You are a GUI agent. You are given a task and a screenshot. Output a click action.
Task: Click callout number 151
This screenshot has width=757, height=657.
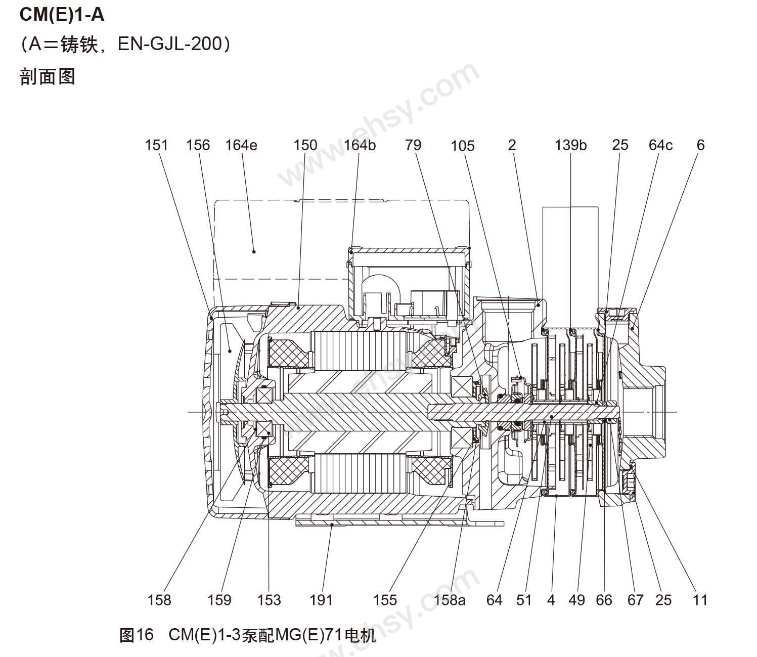click(x=156, y=145)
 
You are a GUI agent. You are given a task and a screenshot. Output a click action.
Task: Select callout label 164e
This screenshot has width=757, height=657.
click(x=241, y=145)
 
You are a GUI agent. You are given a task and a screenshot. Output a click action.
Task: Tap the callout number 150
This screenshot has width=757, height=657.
click(x=305, y=145)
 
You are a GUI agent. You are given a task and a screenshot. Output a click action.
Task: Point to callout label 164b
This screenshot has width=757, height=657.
click(x=360, y=145)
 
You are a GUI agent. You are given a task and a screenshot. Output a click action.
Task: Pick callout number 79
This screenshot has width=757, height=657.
click(x=413, y=145)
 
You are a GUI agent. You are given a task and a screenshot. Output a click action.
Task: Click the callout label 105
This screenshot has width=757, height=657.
click(x=463, y=146)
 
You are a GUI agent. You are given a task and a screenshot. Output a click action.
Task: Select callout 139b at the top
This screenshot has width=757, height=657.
click(x=570, y=145)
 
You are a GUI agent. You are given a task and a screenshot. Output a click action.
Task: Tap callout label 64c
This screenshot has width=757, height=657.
click(x=660, y=145)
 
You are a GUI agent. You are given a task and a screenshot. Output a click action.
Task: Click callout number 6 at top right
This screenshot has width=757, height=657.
click(x=700, y=145)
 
